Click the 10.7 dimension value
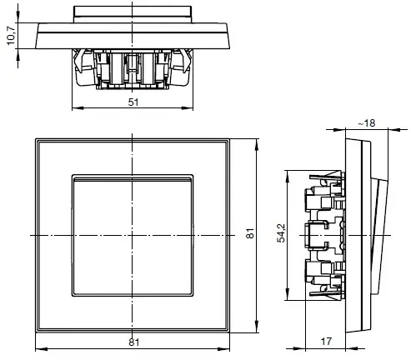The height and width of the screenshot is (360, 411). point(10,37)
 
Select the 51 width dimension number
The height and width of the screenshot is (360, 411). point(133,102)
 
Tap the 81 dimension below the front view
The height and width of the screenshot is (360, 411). point(133,342)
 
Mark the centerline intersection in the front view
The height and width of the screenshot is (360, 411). point(133,237)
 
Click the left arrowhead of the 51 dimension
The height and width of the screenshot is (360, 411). point(76,108)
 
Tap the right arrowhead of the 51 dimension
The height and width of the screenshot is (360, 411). point(192,108)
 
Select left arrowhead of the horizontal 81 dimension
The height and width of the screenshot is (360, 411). point(37,349)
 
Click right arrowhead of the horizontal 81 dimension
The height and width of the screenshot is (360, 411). point(230,349)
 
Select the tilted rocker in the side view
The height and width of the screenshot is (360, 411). point(383,236)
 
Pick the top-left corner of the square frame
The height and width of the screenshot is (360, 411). point(35,138)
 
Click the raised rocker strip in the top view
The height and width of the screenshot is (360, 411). point(133,12)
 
